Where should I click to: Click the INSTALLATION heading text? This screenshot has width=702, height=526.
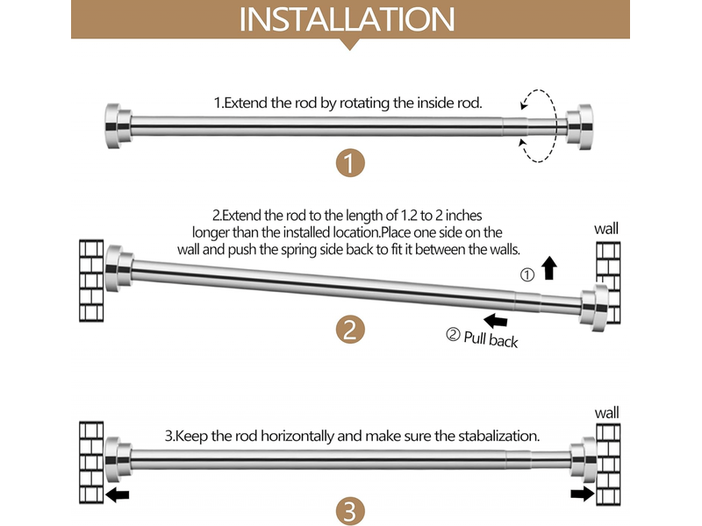347,19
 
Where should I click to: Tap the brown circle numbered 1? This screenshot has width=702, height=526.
350,163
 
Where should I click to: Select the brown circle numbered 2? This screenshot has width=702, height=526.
350,330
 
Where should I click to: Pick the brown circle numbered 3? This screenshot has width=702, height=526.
350,512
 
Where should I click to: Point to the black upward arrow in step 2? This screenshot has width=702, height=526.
549,268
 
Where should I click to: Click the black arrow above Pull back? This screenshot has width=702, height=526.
496,320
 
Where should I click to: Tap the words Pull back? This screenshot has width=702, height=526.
491,339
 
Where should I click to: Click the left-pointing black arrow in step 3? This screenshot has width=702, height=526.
118,494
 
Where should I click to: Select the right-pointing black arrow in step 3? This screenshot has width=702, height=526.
583,494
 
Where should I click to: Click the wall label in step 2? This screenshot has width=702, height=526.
606,229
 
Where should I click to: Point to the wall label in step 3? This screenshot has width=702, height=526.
606,412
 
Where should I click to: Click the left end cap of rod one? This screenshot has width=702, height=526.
118,126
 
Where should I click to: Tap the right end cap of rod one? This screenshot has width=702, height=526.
579,127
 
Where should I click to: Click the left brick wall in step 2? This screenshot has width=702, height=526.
91,281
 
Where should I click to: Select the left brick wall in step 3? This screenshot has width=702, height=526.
91,463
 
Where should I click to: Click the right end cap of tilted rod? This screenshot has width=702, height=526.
595,308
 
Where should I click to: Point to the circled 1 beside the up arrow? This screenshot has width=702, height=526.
527,274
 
